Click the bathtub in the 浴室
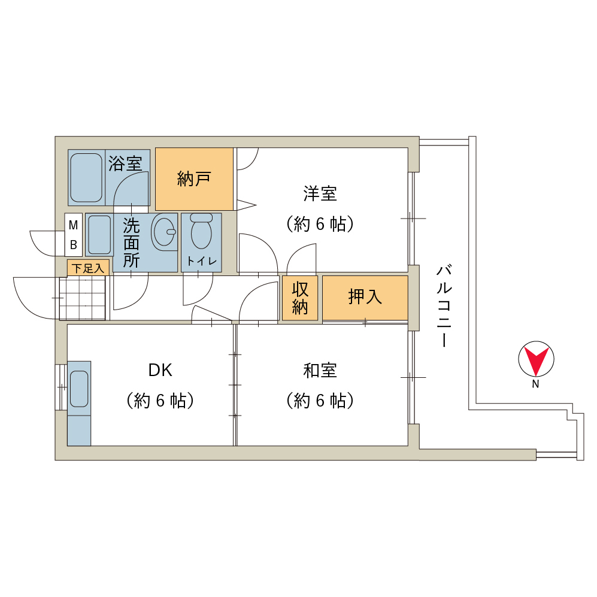tap(86, 177)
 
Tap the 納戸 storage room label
tap(194, 178)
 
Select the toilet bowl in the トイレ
tap(201, 232)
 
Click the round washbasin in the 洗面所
tap(164, 232)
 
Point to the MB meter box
tap(74, 235)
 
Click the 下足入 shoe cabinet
tap(89, 268)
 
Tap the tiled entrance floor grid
tap(82, 298)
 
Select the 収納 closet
tap(300, 298)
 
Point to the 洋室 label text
tap(320, 193)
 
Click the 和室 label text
tap(320, 371)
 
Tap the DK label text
tap(160, 370)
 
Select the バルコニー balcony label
tap(444, 305)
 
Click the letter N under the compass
tap(536, 384)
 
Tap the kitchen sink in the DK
tap(79, 389)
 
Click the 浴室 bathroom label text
tap(125, 163)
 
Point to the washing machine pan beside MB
tap(99, 235)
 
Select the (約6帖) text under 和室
tap(320, 401)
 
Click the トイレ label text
tap(202, 261)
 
